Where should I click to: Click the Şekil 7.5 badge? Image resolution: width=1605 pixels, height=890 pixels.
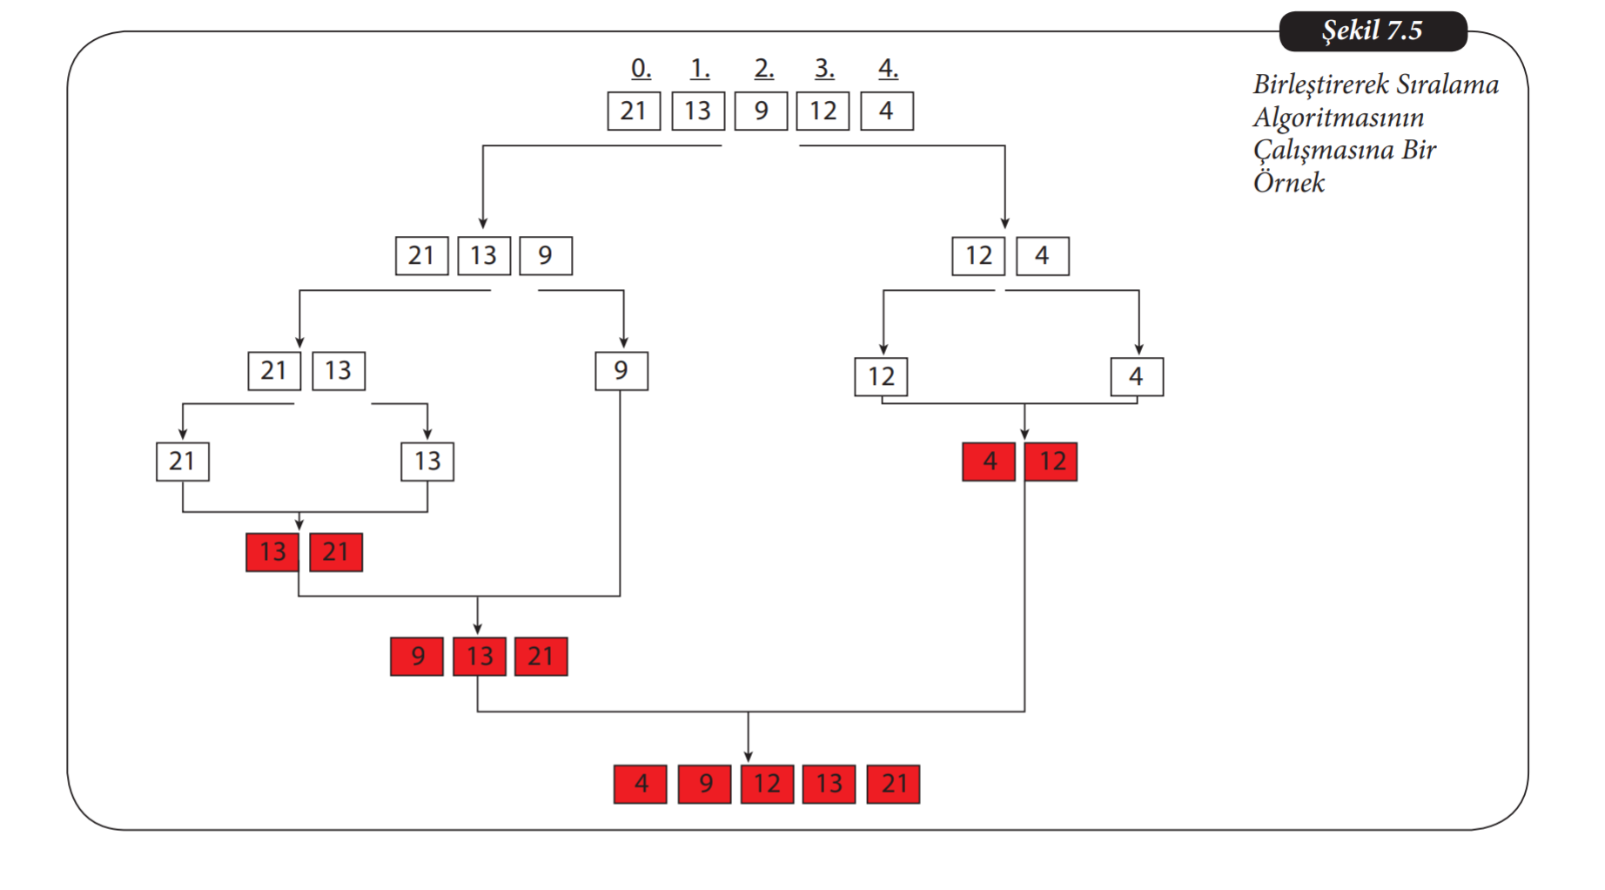click(1372, 31)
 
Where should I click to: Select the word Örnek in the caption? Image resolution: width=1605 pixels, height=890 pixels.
click(1288, 183)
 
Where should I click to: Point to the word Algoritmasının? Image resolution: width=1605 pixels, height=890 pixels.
click(1338, 118)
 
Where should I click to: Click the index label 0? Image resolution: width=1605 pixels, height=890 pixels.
click(641, 68)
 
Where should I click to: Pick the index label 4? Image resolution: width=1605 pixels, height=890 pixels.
click(887, 68)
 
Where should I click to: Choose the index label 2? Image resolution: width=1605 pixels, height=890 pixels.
click(763, 68)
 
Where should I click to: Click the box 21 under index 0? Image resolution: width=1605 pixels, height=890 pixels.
click(634, 111)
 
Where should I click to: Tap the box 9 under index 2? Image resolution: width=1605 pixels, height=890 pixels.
click(761, 111)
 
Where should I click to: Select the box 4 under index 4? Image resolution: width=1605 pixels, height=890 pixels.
click(886, 111)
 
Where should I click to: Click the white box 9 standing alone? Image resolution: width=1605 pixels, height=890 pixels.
click(621, 371)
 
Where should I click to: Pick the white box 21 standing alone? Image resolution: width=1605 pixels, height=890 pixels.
click(182, 462)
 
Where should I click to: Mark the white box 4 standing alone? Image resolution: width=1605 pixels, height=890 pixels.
click(1136, 377)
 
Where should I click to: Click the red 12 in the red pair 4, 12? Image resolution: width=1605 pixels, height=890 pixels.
click(1051, 462)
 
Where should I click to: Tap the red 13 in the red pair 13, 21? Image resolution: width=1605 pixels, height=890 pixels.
click(272, 552)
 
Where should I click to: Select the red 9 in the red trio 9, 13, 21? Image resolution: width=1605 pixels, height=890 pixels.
click(417, 657)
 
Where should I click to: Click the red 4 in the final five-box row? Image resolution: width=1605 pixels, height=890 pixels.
click(641, 784)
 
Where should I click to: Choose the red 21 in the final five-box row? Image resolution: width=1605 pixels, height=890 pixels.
click(893, 784)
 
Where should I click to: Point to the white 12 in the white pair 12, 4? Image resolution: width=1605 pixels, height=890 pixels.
click(978, 256)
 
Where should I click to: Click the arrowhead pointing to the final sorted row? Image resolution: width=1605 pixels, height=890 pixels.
click(748, 756)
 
